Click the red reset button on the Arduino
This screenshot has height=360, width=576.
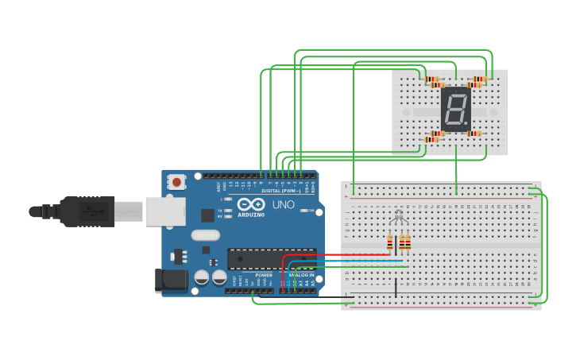176,183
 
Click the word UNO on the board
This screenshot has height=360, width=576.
284,204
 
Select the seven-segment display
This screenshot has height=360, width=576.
456,110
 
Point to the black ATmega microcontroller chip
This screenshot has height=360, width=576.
271,258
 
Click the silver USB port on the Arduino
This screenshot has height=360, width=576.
165,212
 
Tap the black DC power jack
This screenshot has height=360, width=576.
170,280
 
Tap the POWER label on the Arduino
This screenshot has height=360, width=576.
264,275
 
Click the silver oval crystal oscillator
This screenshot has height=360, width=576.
205,234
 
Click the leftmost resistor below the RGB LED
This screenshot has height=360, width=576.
389,242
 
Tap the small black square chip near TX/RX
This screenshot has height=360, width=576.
207,215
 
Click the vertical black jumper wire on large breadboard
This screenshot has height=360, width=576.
395,287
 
